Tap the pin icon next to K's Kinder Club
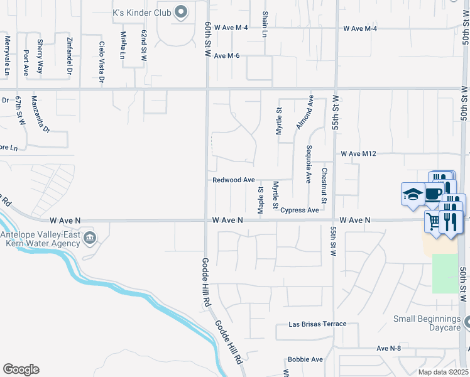click(x=182, y=11)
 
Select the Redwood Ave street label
click(x=233, y=180)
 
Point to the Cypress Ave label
click(x=300, y=210)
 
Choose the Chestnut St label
click(x=324, y=186)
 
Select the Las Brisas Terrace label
click(x=317, y=324)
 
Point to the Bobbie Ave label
click(x=305, y=359)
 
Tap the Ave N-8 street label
click(x=389, y=348)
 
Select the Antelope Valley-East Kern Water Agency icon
click(x=90, y=237)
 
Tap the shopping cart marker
click(x=434, y=221)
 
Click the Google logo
click(x=21, y=369)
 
